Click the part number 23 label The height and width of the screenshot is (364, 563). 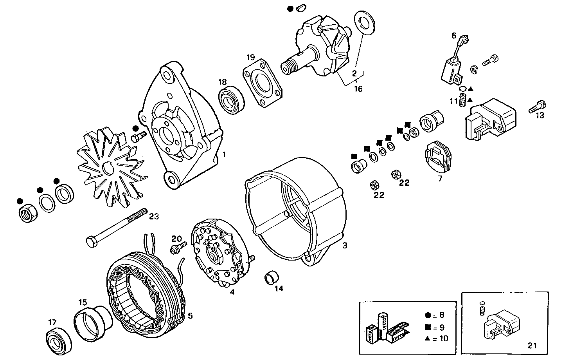(x=154, y=216)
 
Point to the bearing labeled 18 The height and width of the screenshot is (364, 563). (x=231, y=99)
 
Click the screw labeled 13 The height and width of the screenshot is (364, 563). (x=537, y=106)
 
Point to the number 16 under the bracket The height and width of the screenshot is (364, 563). (x=358, y=89)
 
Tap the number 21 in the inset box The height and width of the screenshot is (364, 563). (x=532, y=346)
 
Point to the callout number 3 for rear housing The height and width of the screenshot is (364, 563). (x=344, y=246)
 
